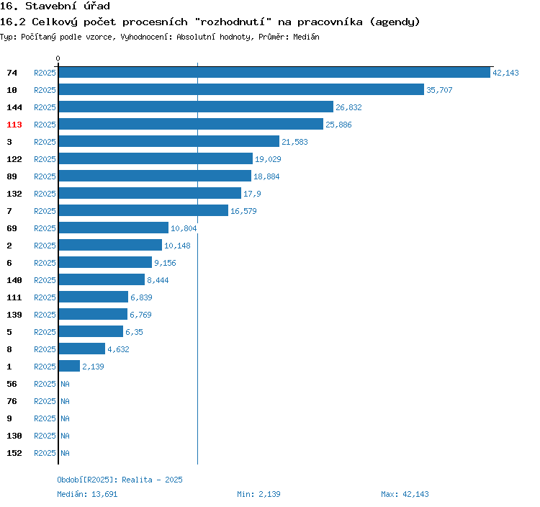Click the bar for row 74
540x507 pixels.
[x=274, y=72]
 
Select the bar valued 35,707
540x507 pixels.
[x=241, y=89]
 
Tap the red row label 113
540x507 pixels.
[x=14, y=125]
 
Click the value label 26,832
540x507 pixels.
[x=348, y=107]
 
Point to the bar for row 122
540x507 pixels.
[x=156, y=158]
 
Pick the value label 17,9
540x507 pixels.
[x=252, y=194]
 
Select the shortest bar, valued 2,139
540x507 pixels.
[x=69, y=366]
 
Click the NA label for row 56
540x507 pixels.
[x=65, y=384]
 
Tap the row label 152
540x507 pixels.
[x=14, y=453]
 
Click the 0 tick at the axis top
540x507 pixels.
[x=58, y=58]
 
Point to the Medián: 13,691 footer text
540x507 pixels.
[x=87, y=494]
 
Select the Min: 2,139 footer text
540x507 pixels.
[x=258, y=494]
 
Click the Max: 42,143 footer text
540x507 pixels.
[x=405, y=494]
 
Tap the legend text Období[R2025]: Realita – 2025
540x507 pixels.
[x=120, y=480]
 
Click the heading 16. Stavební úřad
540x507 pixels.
[x=55, y=6]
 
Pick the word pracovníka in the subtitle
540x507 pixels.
[x=330, y=22]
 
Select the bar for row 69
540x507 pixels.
[x=114, y=228]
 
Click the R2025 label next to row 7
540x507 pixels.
[x=45, y=211]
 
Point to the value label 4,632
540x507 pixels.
[x=118, y=349]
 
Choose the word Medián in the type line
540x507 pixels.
[x=306, y=37]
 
